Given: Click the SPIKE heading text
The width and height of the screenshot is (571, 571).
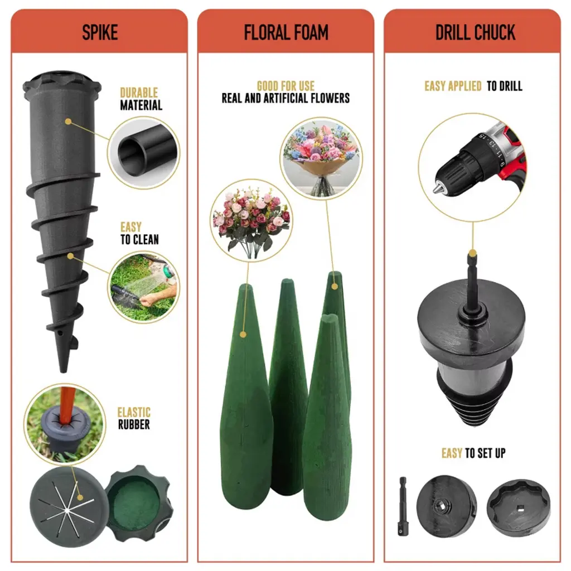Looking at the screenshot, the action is pos(100,32).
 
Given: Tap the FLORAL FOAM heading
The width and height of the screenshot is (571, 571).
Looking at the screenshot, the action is pos(286,32).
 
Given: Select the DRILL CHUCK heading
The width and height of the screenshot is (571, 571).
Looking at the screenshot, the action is pos(475,32).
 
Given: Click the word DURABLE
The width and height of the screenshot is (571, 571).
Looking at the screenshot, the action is pos(139,93).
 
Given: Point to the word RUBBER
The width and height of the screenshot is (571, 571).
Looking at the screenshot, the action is pos(134,424).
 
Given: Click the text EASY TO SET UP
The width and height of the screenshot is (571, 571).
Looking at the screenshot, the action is pos(473,453).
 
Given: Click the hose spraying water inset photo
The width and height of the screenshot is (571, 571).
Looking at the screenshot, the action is pos(144,287).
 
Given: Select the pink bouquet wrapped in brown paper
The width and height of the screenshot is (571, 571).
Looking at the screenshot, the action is pos(321,158).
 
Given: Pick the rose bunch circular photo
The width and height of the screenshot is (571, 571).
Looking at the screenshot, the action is pos(251,220).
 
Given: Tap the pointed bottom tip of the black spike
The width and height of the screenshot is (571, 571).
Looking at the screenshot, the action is pos(64,370).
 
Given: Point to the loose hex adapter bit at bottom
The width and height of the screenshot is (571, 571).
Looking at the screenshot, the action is pos(403,506).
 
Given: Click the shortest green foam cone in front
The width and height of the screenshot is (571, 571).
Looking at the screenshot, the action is pos(327,417).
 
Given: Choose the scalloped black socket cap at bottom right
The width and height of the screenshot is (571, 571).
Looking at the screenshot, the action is pos(519,507).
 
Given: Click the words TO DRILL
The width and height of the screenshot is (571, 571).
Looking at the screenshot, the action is pos(504,86).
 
